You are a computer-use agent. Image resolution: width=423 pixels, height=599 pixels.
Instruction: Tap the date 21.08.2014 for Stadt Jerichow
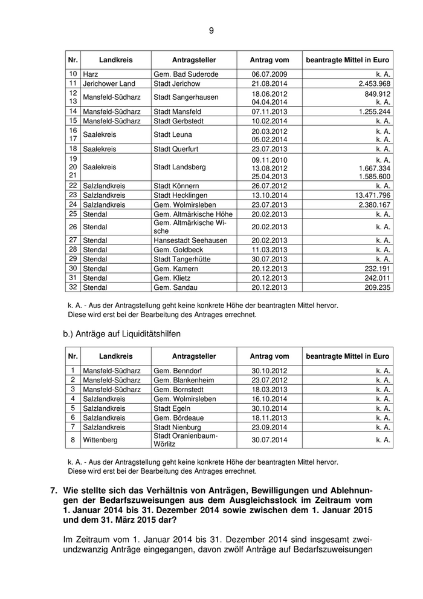[270, 83]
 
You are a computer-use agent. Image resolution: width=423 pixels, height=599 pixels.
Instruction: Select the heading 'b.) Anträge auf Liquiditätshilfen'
[121, 333]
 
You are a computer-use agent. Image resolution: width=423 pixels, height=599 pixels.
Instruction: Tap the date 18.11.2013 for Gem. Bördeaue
[270, 417]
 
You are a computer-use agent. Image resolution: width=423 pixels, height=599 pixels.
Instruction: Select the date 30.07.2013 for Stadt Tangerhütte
[270, 259]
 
